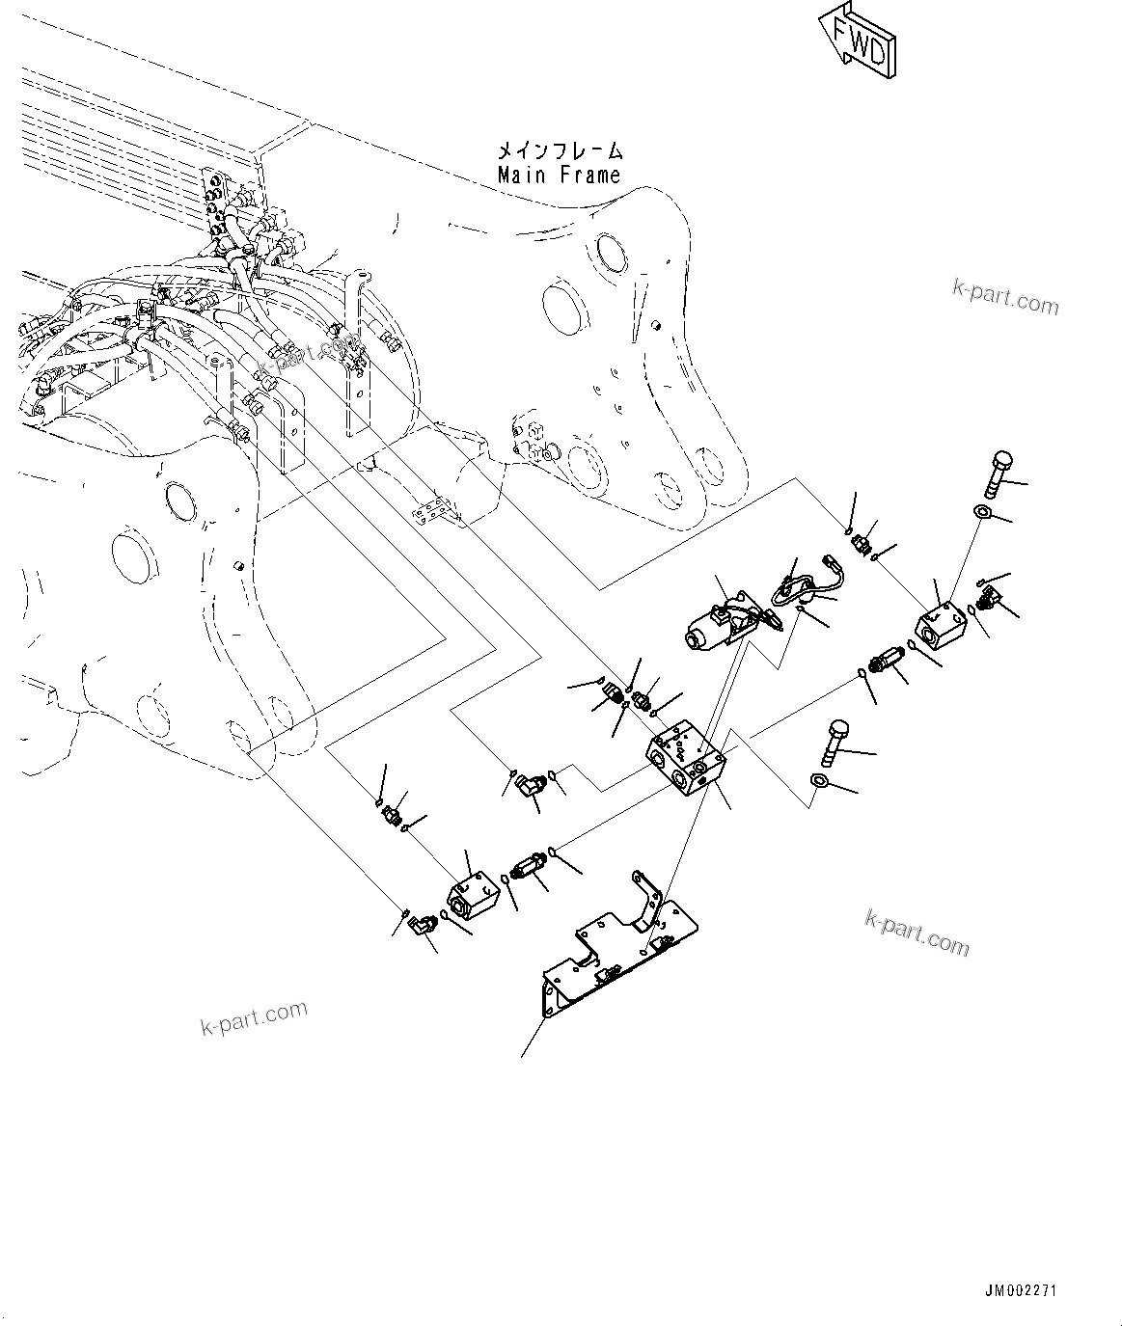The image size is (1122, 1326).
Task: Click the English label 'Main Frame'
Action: (559, 176)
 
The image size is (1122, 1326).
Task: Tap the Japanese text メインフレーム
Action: (560, 150)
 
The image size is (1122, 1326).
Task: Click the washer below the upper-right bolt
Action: (982, 511)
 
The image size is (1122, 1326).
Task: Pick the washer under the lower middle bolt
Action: (819, 782)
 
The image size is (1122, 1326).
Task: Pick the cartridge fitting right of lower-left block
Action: (527, 866)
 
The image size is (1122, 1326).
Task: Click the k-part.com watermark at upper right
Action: (1004, 297)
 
